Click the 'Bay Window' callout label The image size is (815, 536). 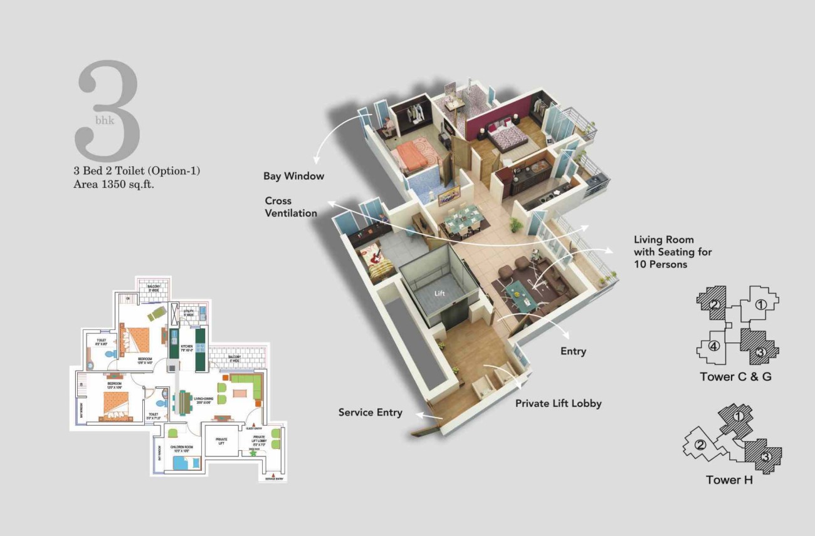coord(293,176)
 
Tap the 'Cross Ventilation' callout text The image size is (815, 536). coord(290,207)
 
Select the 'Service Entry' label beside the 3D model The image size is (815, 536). coord(370,413)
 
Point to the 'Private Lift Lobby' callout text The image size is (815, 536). coord(558,403)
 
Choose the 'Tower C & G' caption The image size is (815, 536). coord(735,377)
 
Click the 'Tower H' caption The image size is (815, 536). coord(729,480)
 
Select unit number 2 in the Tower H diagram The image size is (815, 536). coord(700,445)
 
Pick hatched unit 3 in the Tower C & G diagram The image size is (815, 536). coord(759,353)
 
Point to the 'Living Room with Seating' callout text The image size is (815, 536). coord(672,252)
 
